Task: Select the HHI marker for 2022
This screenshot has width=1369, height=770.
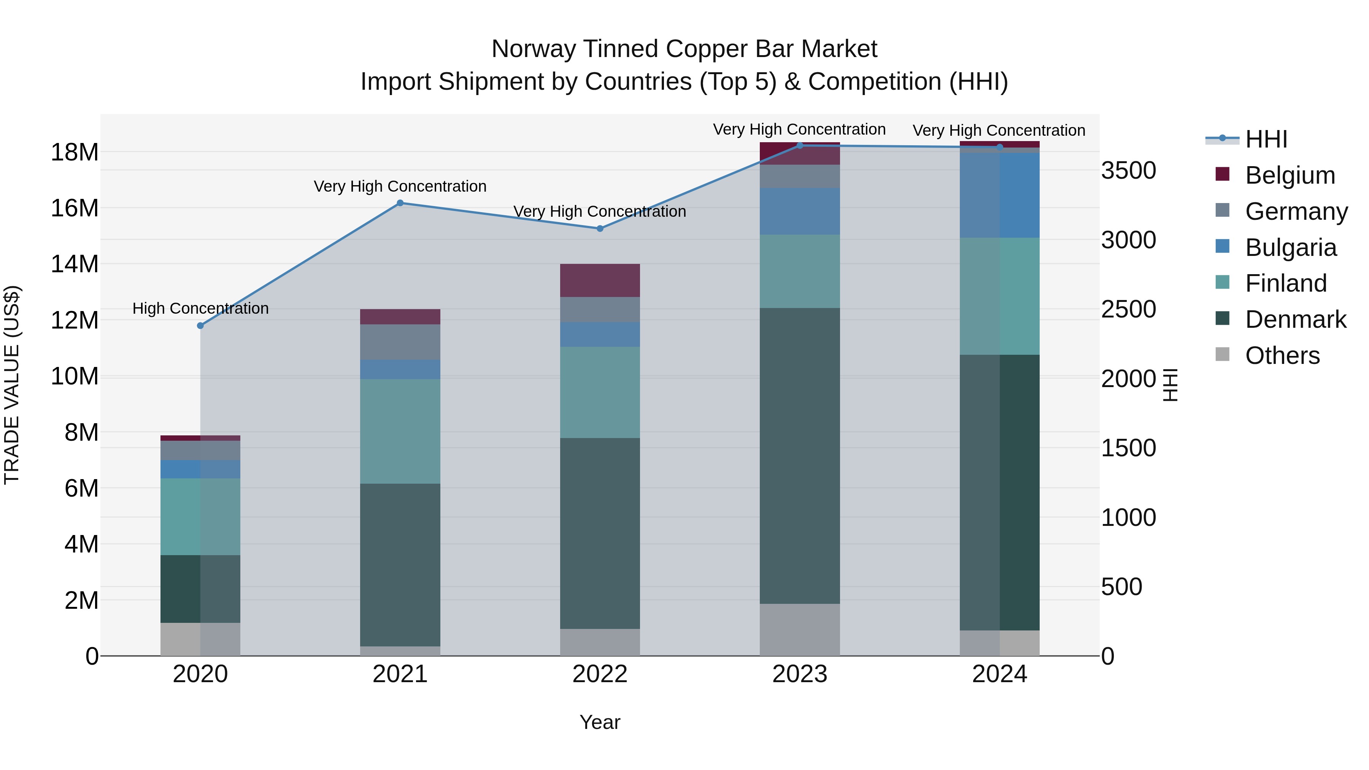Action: click(600, 229)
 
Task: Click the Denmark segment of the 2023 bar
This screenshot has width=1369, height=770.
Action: click(800, 456)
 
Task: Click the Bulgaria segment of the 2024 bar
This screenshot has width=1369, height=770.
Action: click(1000, 195)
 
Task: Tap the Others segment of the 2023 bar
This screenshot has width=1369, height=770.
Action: click(800, 630)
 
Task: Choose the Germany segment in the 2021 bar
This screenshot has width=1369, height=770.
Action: click(400, 342)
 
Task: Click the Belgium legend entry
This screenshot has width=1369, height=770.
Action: click(1290, 175)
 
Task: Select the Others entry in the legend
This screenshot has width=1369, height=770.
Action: click(1282, 356)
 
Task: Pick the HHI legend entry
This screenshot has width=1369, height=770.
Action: click(1266, 139)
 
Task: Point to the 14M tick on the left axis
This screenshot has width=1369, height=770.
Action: click(75, 264)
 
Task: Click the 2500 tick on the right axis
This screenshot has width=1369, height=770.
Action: click(1128, 309)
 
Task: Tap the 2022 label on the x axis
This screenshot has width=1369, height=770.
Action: click(600, 674)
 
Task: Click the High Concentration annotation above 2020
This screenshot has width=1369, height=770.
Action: click(200, 308)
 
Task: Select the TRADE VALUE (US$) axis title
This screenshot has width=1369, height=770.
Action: click(12, 385)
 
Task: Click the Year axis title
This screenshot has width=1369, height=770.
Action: click(600, 722)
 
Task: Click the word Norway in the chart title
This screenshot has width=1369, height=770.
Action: click(534, 49)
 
